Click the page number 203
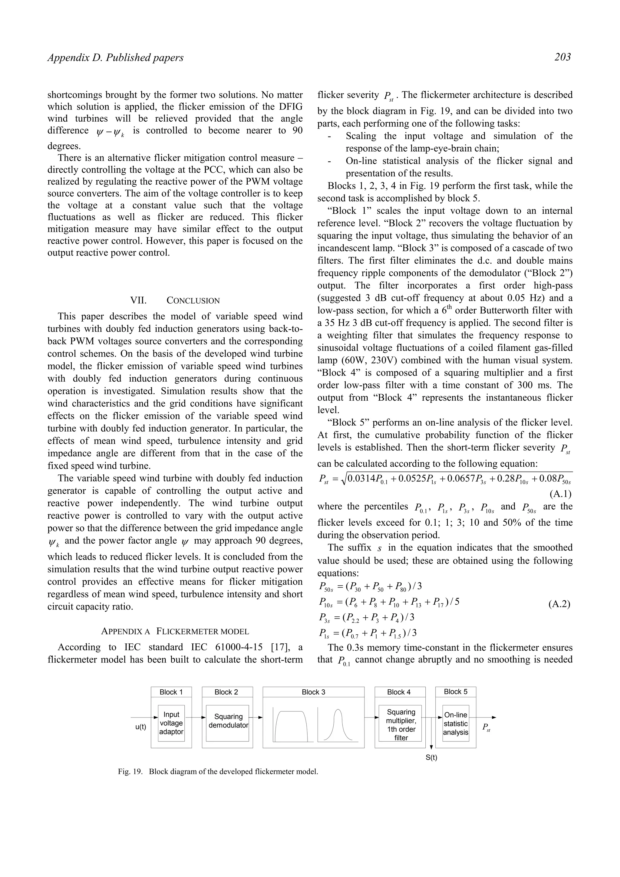click(562, 57)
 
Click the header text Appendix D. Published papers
click(115, 58)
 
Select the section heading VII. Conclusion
click(175, 300)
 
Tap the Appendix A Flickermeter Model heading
click(175, 631)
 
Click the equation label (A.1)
click(560, 494)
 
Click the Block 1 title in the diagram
click(171, 692)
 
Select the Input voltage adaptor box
click(171, 723)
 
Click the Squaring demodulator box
click(228, 721)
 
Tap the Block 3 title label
click(313, 692)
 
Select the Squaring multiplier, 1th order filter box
click(401, 724)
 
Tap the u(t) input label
click(140, 727)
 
